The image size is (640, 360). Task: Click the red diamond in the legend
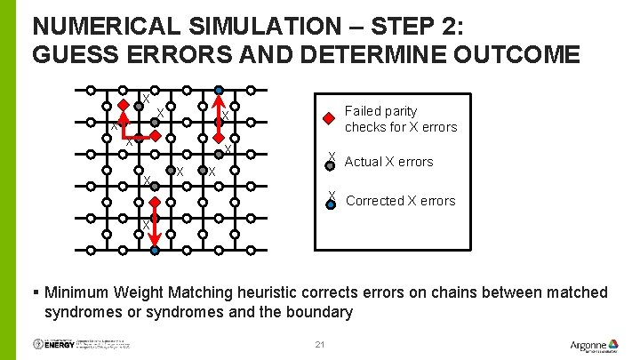[x=329, y=117]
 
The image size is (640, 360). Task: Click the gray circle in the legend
[x=330, y=164]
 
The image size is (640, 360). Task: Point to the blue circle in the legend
[x=330, y=204]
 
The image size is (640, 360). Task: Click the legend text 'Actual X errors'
[x=388, y=162]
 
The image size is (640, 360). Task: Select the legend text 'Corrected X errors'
[x=400, y=201]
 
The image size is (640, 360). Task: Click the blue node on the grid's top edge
[x=219, y=90]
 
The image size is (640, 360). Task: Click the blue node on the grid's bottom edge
[x=154, y=251]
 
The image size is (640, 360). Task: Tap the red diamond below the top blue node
[x=219, y=138]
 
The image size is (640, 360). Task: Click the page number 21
[x=320, y=344]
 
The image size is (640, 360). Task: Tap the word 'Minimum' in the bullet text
[x=80, y=292]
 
